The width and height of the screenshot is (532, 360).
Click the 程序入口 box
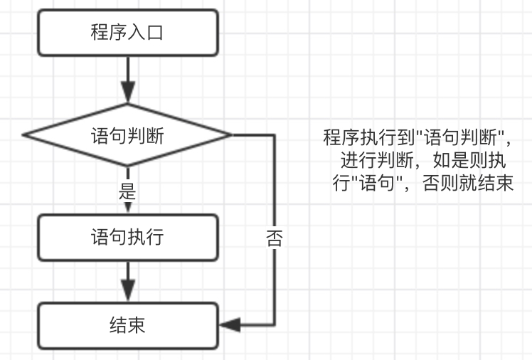(127, 33)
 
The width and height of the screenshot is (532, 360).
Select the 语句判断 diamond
(127, 134)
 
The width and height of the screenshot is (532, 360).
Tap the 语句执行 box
(127, 237)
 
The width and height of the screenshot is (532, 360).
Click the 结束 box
(127, 325)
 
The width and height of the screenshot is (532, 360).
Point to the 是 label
(128, 191)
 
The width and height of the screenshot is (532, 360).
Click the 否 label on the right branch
(275, 238)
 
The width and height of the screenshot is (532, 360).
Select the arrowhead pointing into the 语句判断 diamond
(127, 93)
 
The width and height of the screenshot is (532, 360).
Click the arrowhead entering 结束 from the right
(229, 325)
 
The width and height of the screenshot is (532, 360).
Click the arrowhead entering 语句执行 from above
(127, 206)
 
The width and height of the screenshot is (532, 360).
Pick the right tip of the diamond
(230, 134)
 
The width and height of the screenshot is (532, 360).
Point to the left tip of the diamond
(24, 134)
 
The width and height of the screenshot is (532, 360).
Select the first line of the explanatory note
(417, 136)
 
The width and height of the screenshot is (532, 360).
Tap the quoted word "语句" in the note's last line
(374, 184)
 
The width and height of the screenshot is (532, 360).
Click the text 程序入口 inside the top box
(127, 33)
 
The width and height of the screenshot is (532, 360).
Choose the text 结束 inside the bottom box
(127, 325)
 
